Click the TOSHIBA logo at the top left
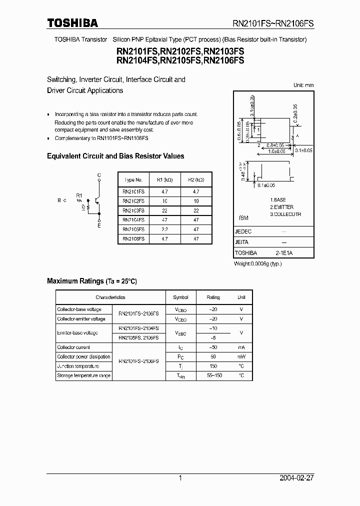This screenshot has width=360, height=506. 72,23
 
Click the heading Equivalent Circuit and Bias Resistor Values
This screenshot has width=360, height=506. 115,156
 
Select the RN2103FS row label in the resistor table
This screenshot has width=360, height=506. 133,210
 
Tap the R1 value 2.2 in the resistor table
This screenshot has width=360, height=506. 165,229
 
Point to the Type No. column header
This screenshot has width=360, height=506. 133,180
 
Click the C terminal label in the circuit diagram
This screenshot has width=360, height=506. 99,175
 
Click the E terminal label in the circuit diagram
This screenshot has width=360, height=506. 99,226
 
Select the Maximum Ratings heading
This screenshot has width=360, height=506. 91,281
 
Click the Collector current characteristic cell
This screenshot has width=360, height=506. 73,347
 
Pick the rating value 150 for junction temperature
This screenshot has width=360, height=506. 213,366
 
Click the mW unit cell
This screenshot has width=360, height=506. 241,356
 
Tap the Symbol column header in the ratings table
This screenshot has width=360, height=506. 180,297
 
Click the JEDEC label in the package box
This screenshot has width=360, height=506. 243,232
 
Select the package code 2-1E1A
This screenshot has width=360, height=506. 284,253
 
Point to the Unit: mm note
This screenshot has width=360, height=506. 303,85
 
